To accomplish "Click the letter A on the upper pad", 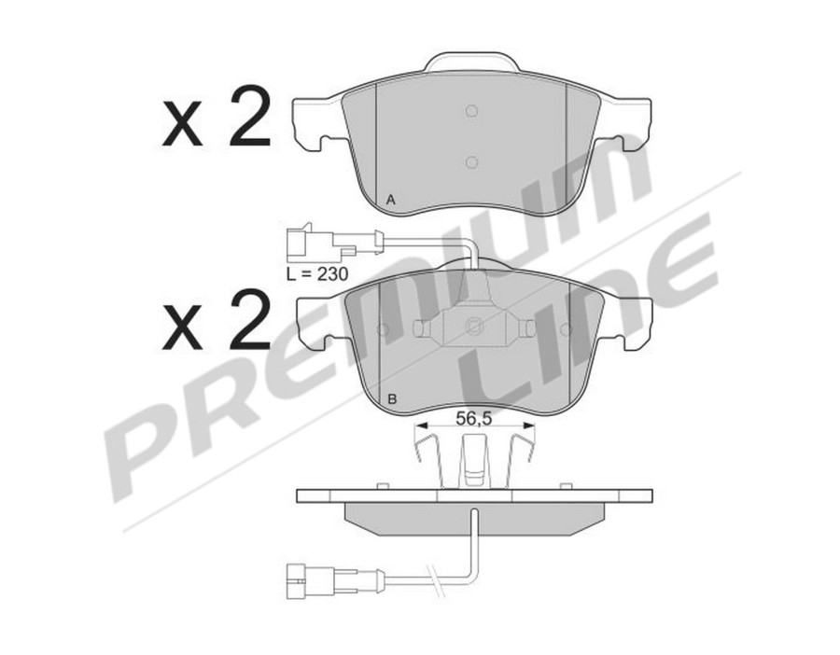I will coord(392,200).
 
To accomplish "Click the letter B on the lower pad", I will coord(393,399).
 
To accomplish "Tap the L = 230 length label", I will coord(317,274).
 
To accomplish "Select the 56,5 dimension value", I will coord(474,417).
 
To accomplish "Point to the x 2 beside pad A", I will coord(217,120).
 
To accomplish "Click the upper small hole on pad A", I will coord(471,112).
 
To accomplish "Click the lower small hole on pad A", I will coord(471,161).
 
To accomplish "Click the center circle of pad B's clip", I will coord(474,327).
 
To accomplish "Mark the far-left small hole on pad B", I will coord(381,329).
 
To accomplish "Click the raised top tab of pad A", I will coord(471,63).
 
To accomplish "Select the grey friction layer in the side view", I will coord(474,517).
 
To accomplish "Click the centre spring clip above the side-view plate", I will coord(473,461).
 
